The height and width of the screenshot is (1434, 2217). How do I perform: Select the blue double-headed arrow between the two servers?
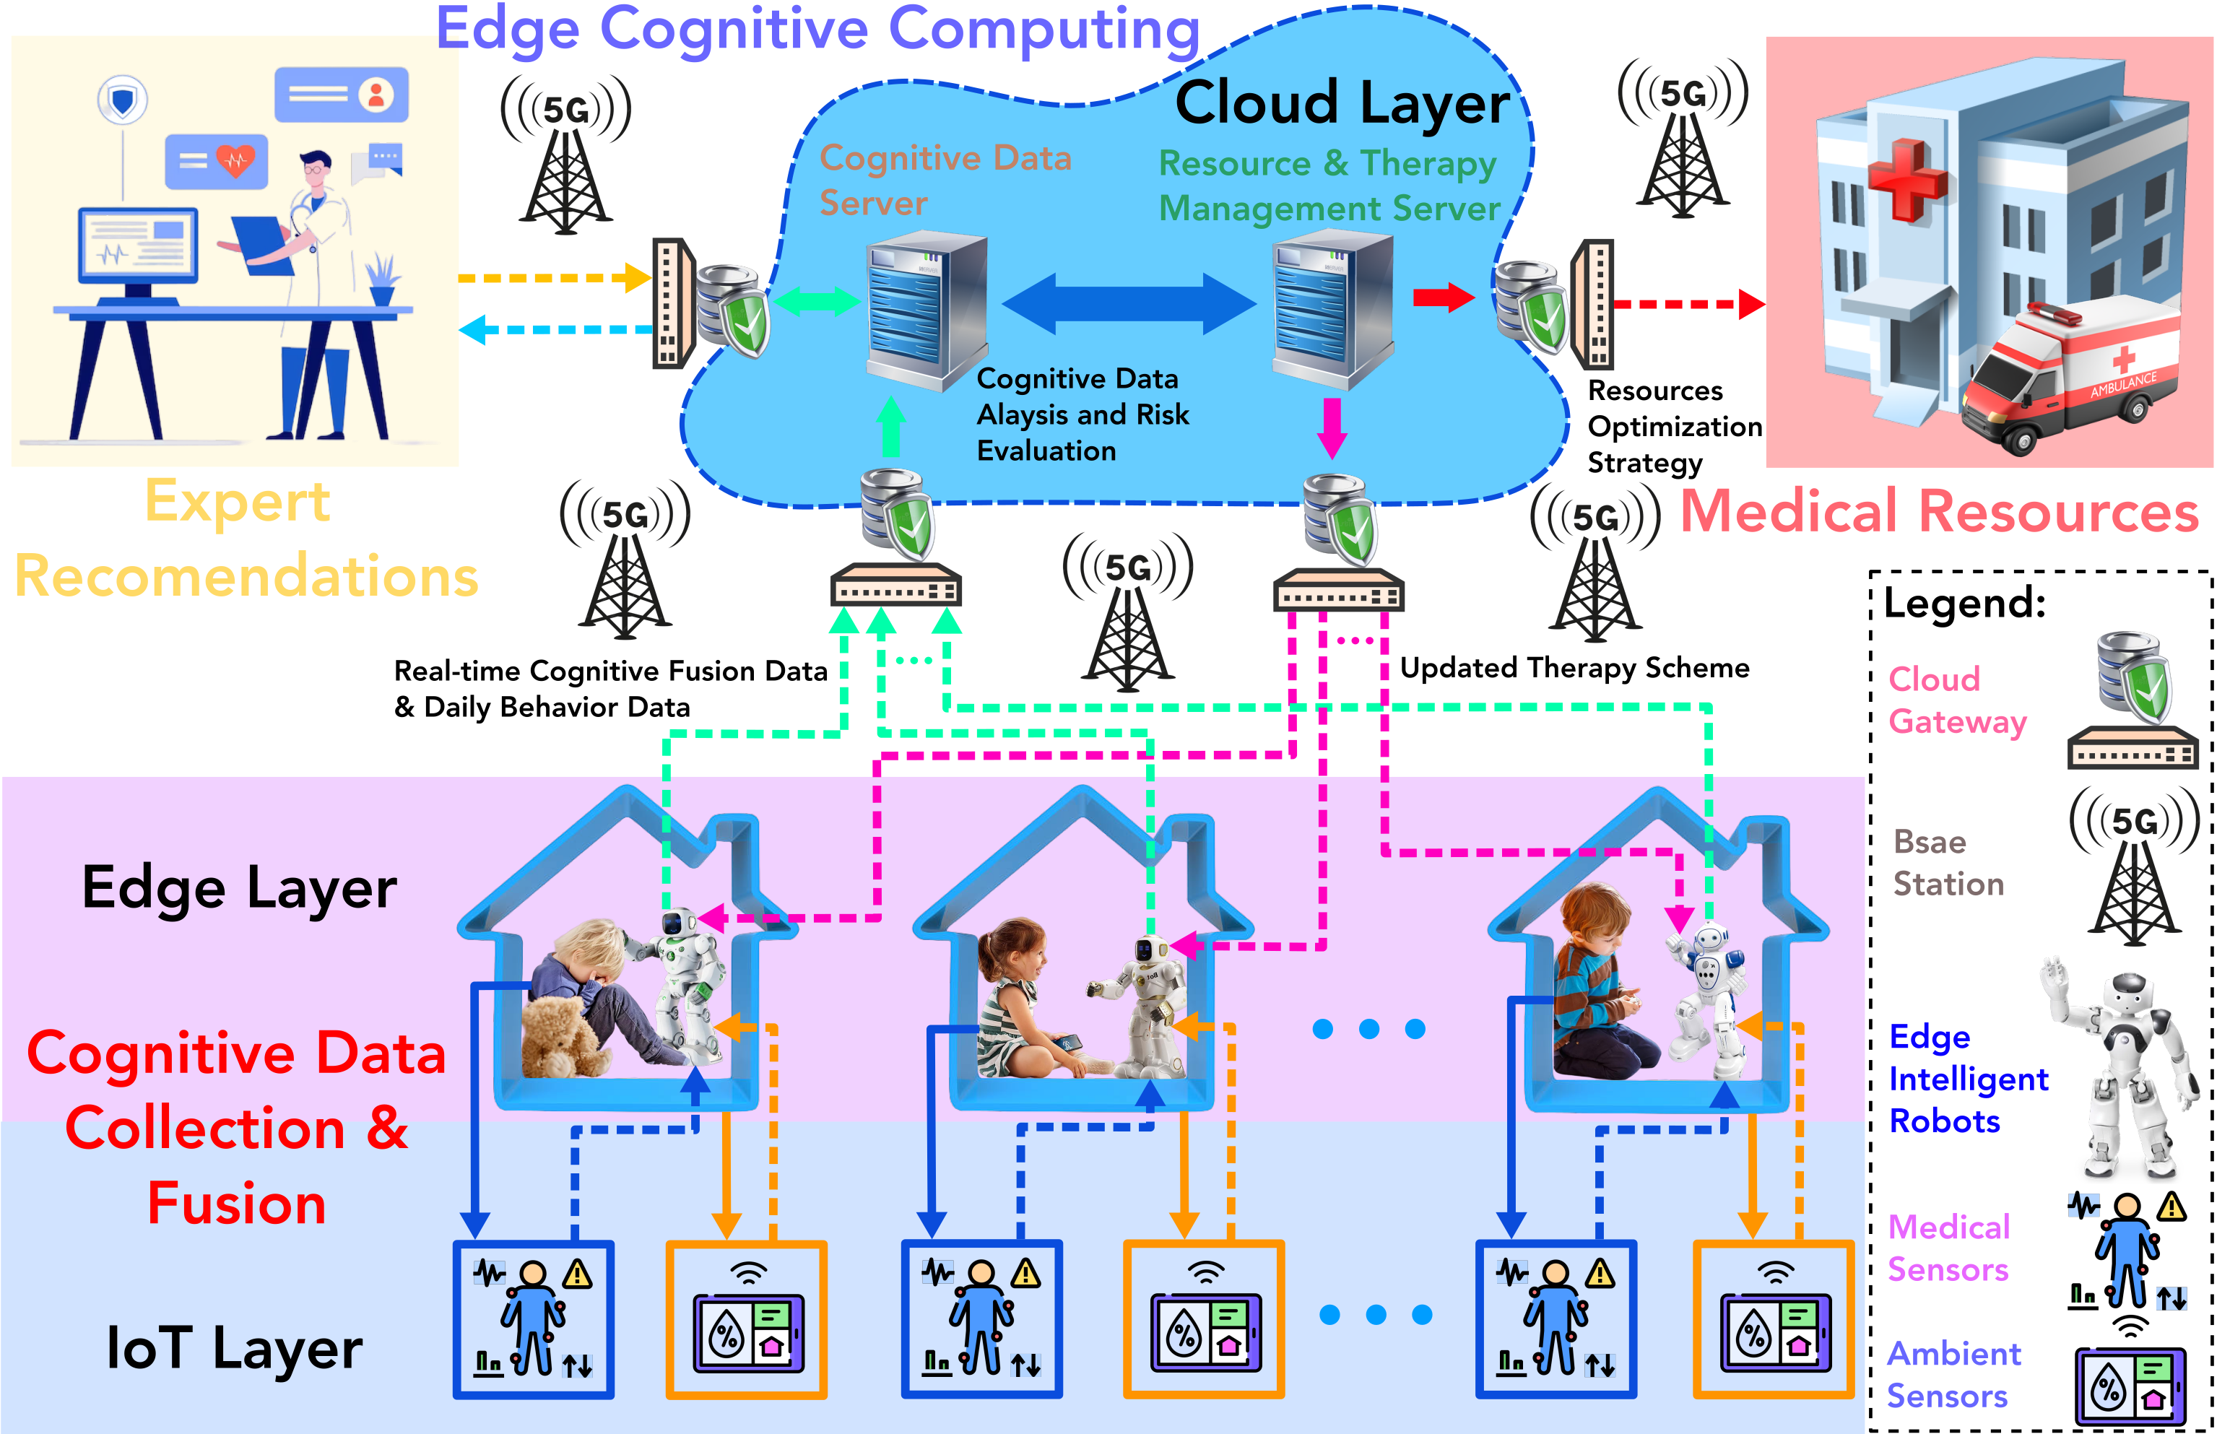click(x=1129, y=303)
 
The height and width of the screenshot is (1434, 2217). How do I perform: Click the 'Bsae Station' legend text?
click(x=1948, y=862)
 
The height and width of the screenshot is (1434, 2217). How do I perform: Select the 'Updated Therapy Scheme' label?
click(x=1574, y=668)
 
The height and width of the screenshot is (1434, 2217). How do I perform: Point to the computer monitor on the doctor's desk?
click(x=138, y=245)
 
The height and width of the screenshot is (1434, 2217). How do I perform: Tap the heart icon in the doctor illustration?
click(x=235, y=160)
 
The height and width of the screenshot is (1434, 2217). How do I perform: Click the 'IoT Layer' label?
click(x=235, y=1348)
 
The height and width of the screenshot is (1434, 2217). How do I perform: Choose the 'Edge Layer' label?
click(x=239, y=887)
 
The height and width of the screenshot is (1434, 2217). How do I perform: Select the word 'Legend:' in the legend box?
click(x=1965, y=604)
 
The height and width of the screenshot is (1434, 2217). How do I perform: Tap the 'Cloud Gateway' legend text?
click(x=1956, y=700)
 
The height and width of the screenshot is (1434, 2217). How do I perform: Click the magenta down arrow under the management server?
click(x=1332, y=427)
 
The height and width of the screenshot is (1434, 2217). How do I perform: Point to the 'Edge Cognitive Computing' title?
click(x=817, y=30)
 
